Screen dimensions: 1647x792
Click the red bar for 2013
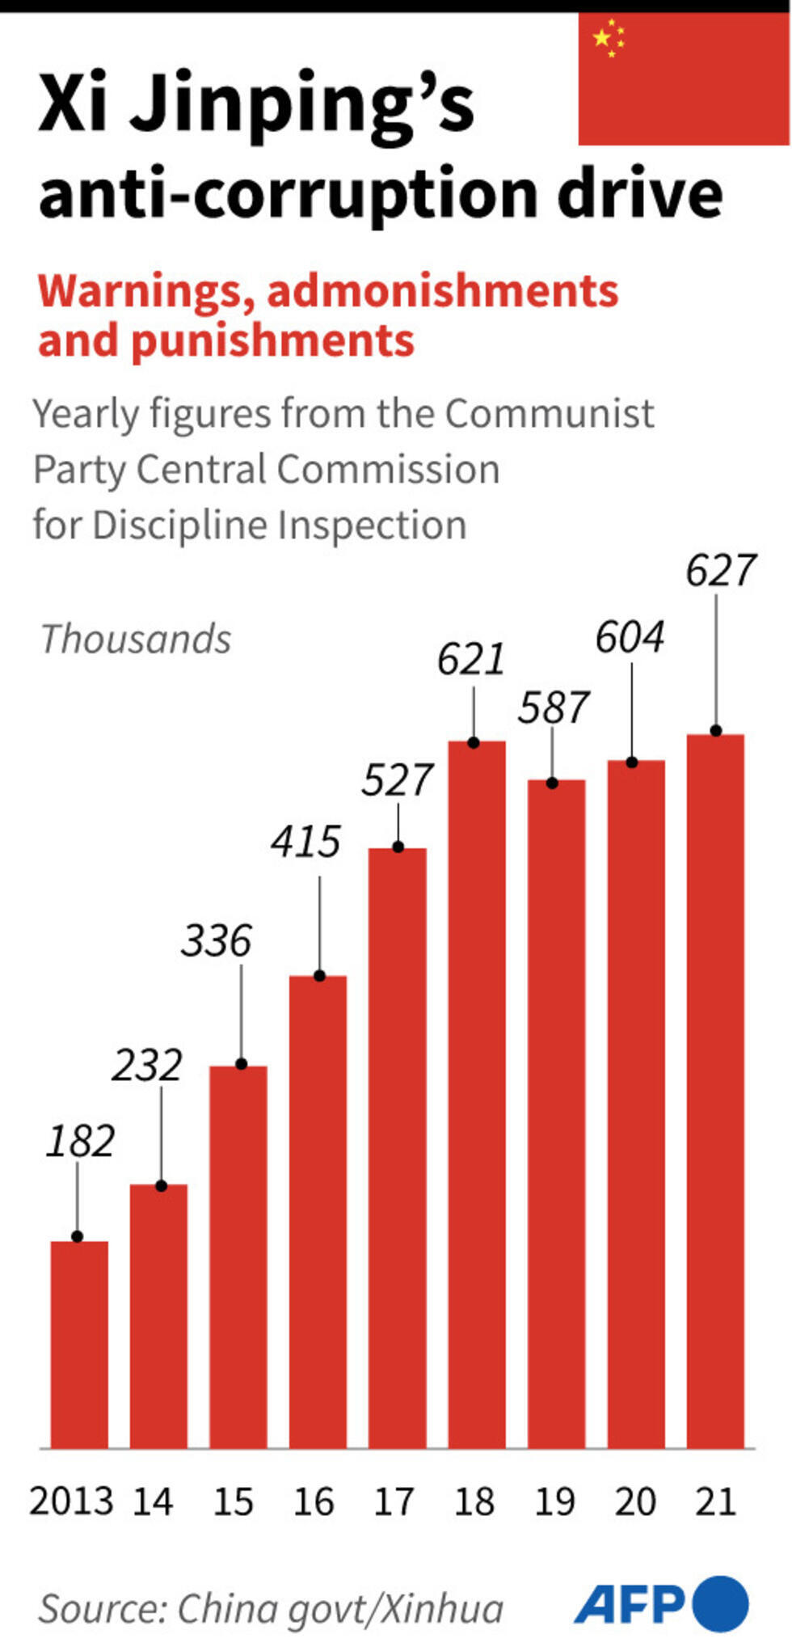coord(79,1343)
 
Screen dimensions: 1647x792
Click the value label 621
coord(471,659)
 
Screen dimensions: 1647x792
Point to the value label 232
coord(147,1065)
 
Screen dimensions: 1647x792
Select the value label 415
coord(305,842)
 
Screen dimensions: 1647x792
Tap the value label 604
coord(630,637)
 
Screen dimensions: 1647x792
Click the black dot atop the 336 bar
coord(241,1064)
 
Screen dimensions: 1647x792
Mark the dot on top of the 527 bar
coord(398,847)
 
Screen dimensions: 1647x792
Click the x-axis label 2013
coord(71,1501)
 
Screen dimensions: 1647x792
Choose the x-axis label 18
coord(474,1501)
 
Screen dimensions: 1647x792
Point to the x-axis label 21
coord(715,1501)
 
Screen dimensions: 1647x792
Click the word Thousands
coord(136,639)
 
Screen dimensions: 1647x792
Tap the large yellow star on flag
coord(602,37)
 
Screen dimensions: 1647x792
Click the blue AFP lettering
coord(630,1603)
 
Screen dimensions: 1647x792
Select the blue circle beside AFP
coord(720,1603)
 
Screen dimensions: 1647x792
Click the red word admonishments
coord(442,291)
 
